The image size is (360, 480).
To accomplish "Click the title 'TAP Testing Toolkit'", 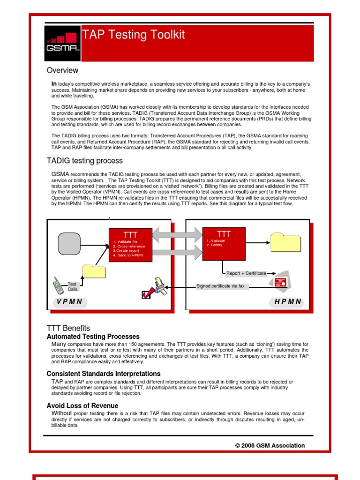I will (x=134, y=35).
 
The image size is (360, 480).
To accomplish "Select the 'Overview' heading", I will (x=62, y=70).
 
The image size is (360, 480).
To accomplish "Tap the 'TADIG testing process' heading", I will (x=84, y=161).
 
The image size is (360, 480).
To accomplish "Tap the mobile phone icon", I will (x=58, y=285).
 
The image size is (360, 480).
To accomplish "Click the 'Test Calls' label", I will (x=72, y=286).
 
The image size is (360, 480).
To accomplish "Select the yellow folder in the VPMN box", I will (x=94, y=272).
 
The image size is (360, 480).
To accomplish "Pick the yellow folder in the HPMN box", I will (x=286, y=242).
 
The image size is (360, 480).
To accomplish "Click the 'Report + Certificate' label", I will (x=246, y=273).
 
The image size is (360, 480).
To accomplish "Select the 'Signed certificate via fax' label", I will (x=220, y=286).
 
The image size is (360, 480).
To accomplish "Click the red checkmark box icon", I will (x=147, y=294).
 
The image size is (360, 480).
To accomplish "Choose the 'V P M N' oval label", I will (x=70, y=302).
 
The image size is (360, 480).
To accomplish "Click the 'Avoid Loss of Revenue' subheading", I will (x=82, y=405).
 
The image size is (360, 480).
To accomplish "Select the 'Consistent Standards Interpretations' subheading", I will (x=104, y=374).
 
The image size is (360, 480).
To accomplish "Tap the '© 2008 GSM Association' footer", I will (x=270, y=445).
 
